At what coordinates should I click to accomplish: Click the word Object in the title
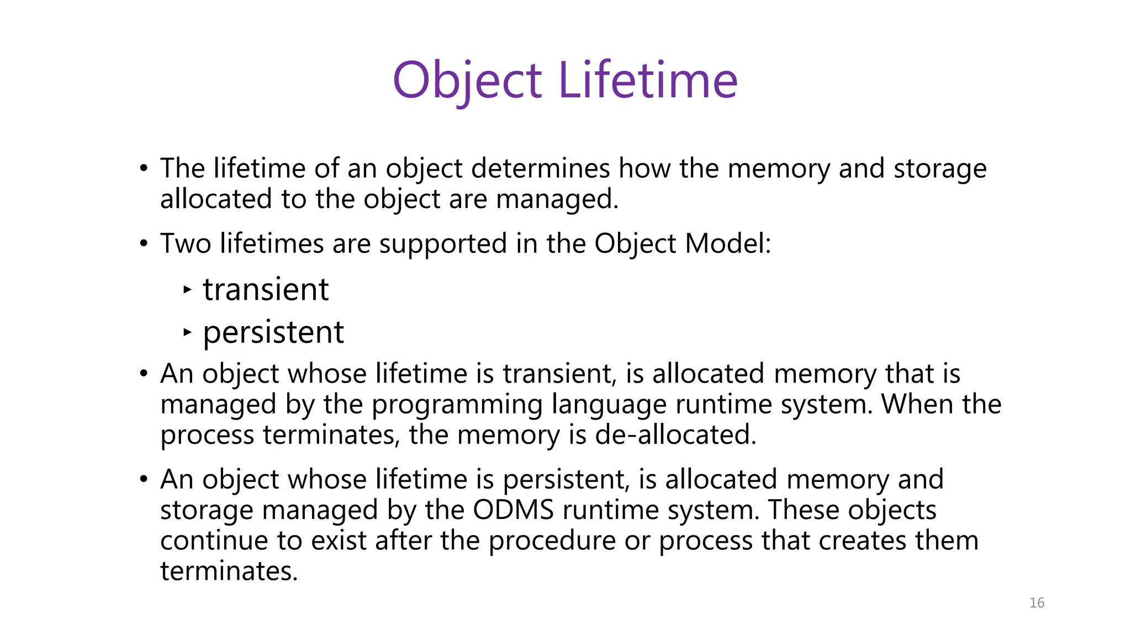[x=467, y=81]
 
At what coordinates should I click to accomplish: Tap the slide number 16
[x=1037, y=603]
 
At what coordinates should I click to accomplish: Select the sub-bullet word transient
[x=266, y=289]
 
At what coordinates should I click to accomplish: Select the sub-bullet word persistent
[x=273, y=332]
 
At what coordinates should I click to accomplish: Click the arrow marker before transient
[x=187, y=289]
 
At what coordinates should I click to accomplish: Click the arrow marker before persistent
[x=187, y=332]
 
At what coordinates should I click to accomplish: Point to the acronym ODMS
[x=513, y=510]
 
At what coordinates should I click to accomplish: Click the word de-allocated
[x=675, y=435]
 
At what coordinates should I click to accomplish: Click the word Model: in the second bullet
[x=728, y=243]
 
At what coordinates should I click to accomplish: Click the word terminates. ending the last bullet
[x=229, y=571]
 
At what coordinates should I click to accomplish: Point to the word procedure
[x=552, y=540]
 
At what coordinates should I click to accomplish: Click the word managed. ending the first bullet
[x=557, y=199]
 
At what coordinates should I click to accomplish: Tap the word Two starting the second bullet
[x=186, y=243]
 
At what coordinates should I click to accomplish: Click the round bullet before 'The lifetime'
[x=144, y=168]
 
